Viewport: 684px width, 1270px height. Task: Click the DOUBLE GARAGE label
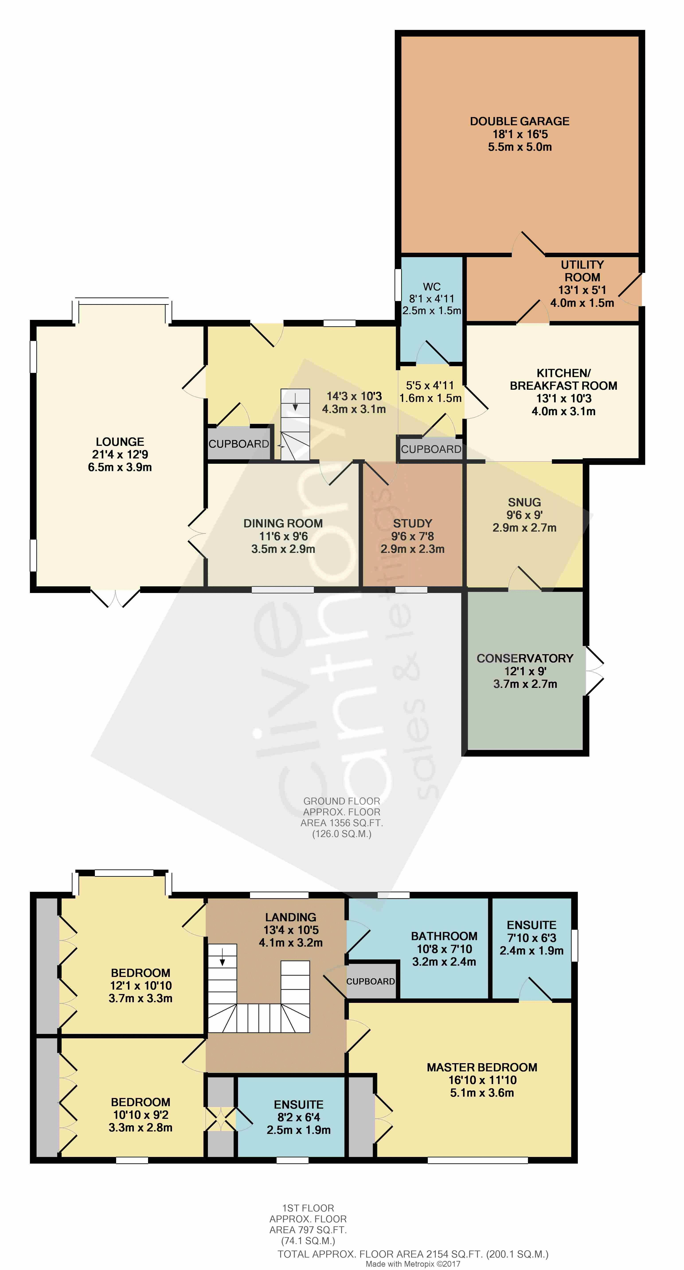519,121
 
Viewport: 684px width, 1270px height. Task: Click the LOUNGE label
120,442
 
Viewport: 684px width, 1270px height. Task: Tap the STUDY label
412,524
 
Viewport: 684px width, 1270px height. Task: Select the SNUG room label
524,502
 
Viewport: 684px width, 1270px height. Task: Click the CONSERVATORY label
525,659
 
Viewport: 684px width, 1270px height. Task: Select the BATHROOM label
444,936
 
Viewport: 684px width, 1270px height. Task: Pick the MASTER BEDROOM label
482,1067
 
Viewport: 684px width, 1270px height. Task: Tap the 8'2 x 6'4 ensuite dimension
299,1117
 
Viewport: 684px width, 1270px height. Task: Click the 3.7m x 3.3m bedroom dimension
141,998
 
